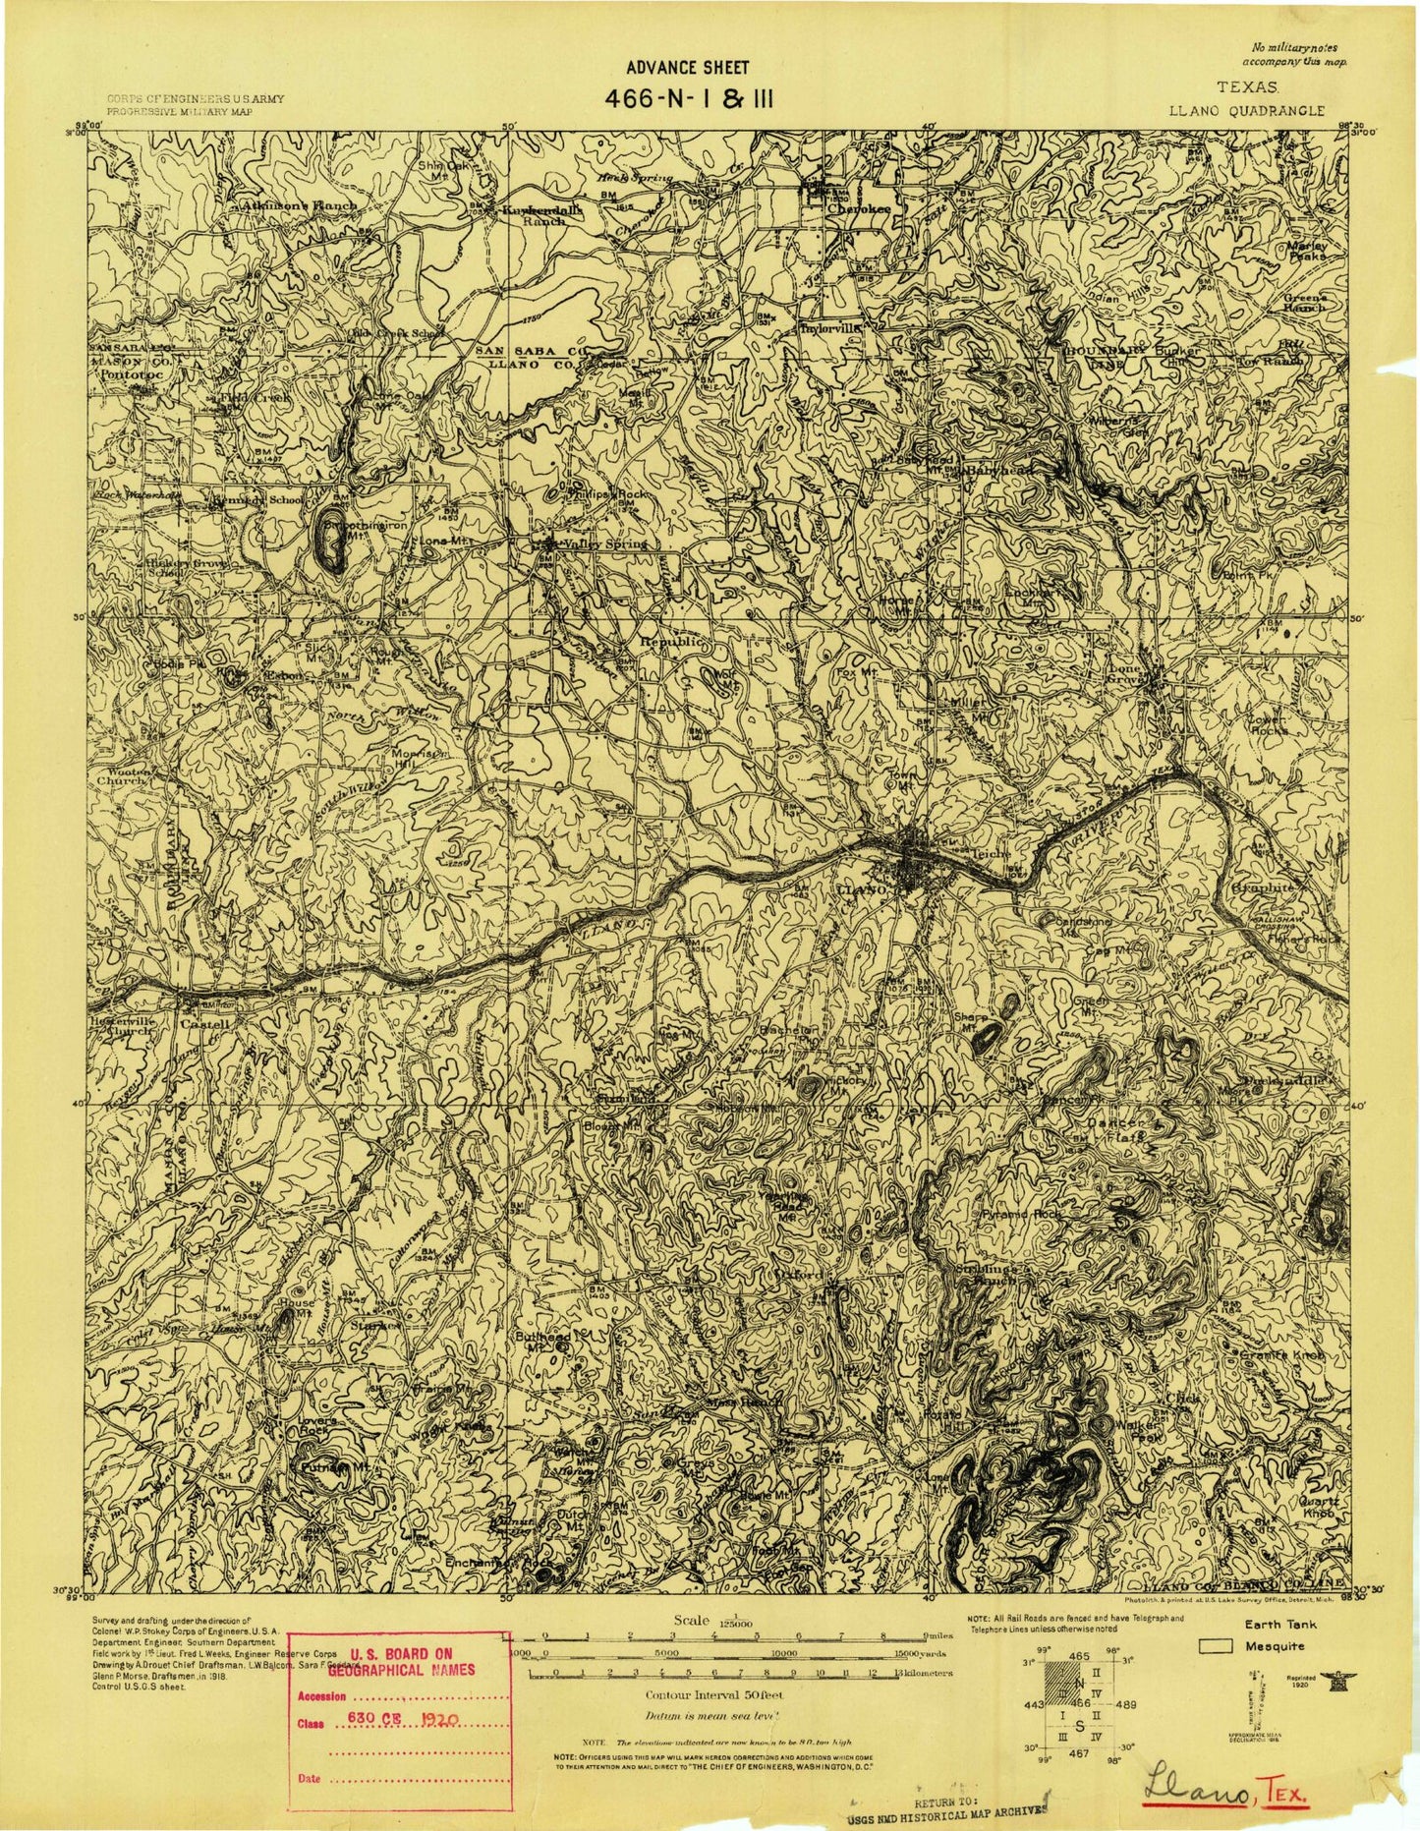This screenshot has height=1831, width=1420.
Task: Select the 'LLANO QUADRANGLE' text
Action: coord(1245,112)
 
